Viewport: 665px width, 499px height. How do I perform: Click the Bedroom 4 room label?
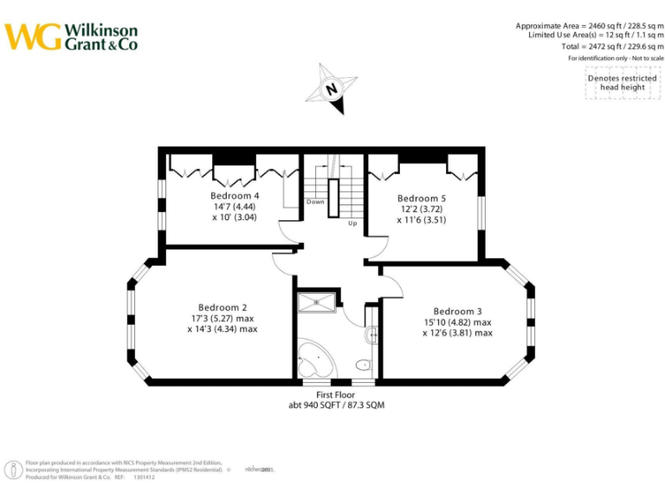tap(235, 196)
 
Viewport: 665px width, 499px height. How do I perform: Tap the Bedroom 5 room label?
tap(422, 198)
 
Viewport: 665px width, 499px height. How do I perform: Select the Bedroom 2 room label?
tap(223, 308)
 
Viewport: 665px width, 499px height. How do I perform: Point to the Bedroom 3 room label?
tap(458, 312)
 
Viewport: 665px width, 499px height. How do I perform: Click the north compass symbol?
tap(332, 87)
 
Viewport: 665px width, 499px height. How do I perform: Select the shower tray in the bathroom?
tap(317, 302)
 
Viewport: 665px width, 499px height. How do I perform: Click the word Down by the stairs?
tap(315, 202)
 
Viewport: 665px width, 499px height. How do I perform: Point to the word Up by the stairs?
tap(352, 223)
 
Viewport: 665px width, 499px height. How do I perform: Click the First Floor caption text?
tap(337, 395)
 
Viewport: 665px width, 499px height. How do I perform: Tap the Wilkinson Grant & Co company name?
tap(100, 36)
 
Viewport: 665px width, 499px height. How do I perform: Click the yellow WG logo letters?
tap(33, 36)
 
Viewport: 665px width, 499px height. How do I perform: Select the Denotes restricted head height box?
tap(622, 83)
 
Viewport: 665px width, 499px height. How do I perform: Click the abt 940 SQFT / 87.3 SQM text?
tap(337, 405)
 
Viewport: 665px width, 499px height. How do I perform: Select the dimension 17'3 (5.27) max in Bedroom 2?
tap(223, 318)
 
